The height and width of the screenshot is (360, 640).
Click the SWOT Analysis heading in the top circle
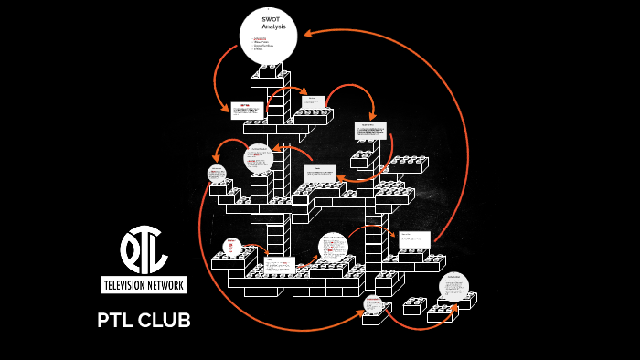[273, 23]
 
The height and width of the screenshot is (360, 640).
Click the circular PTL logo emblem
[144, 249]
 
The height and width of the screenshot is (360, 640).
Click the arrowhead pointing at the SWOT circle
[307, 34]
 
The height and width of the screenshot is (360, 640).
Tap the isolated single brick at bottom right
[415, 305]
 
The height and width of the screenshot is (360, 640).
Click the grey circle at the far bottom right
[453, 287]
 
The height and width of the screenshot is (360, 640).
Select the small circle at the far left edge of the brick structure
[217, 174]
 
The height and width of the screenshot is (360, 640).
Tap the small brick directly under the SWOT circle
[269, 71]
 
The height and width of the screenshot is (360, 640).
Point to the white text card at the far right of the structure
[414, 240]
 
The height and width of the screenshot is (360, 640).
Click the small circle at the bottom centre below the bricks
[372, 304]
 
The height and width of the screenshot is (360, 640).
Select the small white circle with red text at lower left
[232, 248]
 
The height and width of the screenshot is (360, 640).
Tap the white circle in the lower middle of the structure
[333, 247]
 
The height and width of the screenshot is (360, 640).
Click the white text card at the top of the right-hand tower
[370, 131]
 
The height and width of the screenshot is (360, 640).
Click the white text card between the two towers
[320, 175]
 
